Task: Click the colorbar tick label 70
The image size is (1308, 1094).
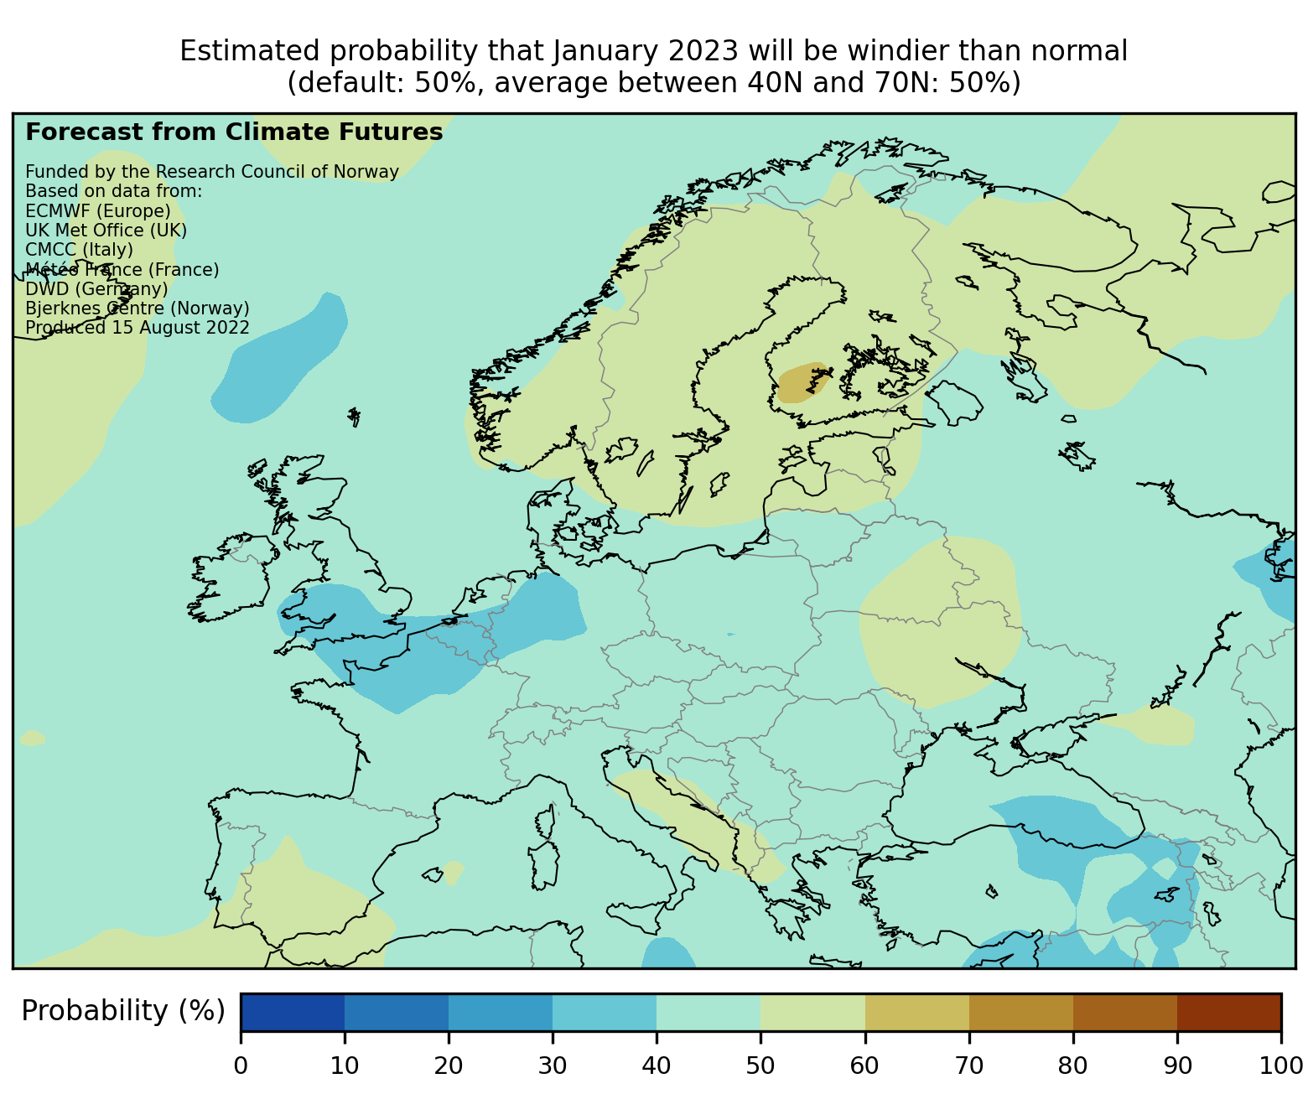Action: click(968, 1065)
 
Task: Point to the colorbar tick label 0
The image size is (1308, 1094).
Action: click(241, 1065)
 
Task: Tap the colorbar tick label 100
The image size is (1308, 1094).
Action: click(1280, 1065)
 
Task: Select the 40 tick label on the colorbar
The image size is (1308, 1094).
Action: click(657, 1065)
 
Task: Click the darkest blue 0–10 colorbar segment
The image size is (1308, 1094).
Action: click(293, 1012)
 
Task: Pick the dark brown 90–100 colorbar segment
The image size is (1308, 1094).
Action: click(1228, 1012)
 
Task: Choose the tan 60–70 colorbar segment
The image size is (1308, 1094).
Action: click(916, 1012)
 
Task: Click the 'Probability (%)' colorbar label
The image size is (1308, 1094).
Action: click(123, 1011)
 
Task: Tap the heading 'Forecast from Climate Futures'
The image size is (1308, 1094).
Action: click(234, 132)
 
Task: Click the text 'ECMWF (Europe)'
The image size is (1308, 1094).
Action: click(98, 210)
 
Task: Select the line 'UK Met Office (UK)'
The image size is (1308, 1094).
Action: click(106, 231)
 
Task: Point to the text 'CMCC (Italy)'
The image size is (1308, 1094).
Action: click(79, 250)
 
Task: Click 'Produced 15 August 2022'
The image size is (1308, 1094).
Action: click(138, 328)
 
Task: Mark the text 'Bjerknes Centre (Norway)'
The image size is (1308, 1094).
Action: click(138, 308)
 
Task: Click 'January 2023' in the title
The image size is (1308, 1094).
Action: click(646, 52)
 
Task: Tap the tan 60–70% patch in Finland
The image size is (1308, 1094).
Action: click(802, 383)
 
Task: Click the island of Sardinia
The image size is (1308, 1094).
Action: click(545, 862)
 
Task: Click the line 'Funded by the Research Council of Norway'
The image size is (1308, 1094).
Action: click(212, 172)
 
